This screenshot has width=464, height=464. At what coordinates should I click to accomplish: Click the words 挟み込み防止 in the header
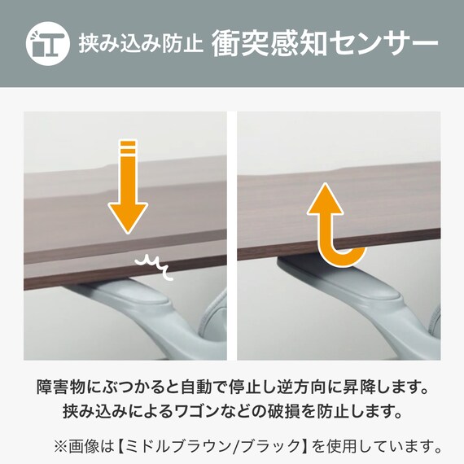[141, 43]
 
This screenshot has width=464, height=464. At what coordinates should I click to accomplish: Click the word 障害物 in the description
[61, 384]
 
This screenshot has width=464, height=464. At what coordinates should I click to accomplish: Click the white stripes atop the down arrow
[127, 150]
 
